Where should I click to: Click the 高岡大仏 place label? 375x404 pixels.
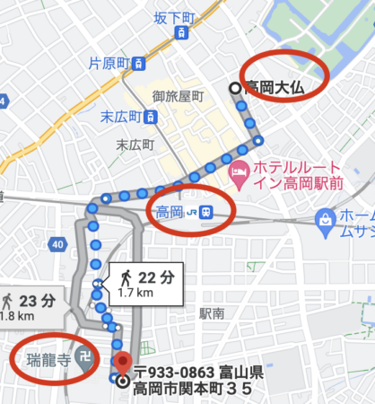[278, 88]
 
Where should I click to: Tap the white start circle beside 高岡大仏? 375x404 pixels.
[236, 88]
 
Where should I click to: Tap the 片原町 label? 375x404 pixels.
[109, 64]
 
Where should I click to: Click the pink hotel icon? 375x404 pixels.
[239, 170]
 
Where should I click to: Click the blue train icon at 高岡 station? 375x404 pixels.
[206, 213]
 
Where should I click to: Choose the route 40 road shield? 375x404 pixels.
[57, 243]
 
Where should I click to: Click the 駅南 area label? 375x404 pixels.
[212, 313]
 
